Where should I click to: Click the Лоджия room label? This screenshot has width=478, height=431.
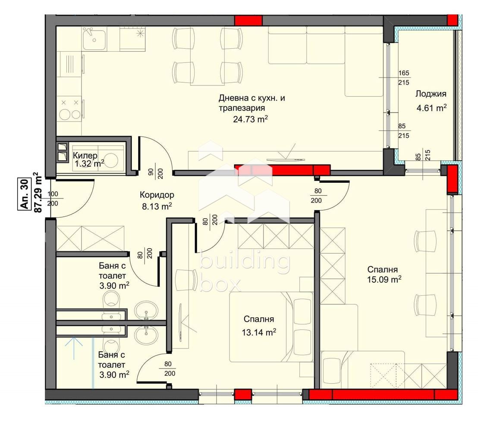click(x=431, y=94)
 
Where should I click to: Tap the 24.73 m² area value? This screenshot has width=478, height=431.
click(x=250, y=119)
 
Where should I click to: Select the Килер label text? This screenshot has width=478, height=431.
click(x=85, y=156)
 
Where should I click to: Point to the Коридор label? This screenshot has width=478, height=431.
click(x=157, y=195)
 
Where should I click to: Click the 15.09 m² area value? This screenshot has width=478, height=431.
click(x=384, y=279)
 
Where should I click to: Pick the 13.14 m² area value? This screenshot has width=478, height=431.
click(x=259, y=332)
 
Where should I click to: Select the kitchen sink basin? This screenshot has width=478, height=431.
click(x=94, y=39)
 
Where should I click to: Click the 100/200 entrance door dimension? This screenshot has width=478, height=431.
click(x=53, y=199)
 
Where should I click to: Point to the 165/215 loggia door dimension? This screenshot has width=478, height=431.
click(x=404, y=78)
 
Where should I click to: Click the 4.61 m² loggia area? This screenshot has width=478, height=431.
click(x=432, y=107)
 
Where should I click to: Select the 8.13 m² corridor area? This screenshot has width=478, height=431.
click(x=157, y=206)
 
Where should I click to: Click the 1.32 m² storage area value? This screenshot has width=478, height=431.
click(x=89, y=164)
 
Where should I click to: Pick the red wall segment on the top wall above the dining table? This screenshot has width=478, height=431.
click(x=248, y=20)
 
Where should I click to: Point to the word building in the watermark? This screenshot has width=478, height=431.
click(x=244, y=262)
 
